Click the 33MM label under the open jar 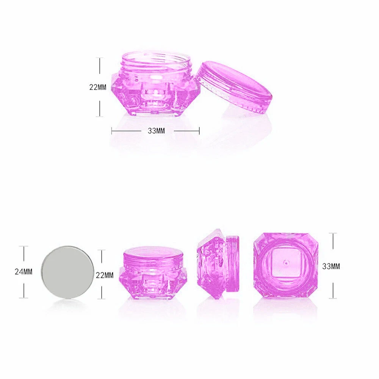tap(156, 131)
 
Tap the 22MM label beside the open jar tap(98, 87)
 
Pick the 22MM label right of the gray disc tap(105, 275)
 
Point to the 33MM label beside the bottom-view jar tap(331, 266)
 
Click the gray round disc tap(67, 272)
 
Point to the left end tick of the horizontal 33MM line tap(112, 131)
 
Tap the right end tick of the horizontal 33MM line tap(199, 131)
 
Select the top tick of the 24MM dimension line tap(24, 246)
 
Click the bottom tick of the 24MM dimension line tap(24, 298)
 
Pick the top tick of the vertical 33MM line tap(333, 233)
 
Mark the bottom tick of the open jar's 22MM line tap(100, 116)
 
